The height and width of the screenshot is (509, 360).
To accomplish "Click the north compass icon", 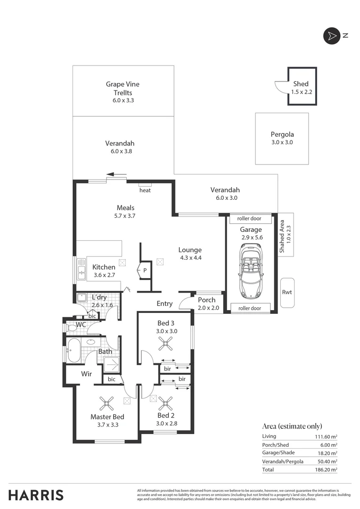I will tap(332, 36).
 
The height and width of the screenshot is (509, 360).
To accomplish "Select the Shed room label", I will tap(301, 88).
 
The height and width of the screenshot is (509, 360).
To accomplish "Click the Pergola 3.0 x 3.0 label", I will tap(282, 138).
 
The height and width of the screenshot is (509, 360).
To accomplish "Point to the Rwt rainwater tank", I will tap(286, 292).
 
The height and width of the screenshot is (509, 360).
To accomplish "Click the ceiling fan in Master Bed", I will tap(106, 403).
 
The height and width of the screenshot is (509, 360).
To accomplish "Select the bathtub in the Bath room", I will tap(74, 350).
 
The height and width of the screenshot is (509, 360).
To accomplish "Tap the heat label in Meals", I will tap(145, 190).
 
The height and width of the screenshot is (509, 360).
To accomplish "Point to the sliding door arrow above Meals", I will tap(116, 174).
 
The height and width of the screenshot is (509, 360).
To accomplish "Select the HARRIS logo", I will tap(36, 495).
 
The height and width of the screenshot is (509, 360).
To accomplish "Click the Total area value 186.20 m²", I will tap(327, 470).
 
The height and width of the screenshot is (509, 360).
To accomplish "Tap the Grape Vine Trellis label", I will tap(123, 92).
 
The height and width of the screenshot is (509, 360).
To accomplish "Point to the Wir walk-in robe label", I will tap(86, 374).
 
